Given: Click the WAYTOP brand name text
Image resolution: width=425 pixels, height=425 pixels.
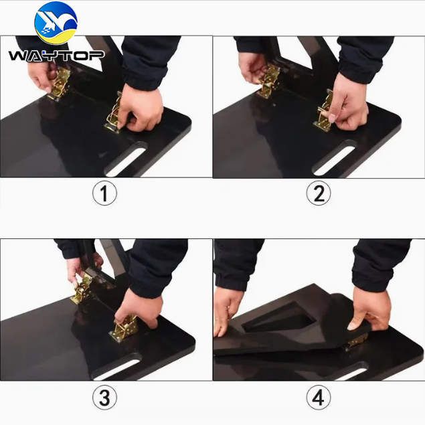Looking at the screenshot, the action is pyautogui.click(x=56, y=56).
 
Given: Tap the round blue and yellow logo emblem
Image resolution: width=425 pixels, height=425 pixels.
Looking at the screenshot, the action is pyautogui.click(x=56, y=23).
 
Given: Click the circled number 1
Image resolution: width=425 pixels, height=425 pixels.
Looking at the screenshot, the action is pyautogui.click(x=104, y=193).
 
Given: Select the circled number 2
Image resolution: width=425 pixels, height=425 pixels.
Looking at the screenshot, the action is pyautogui.click(x=319, y=193).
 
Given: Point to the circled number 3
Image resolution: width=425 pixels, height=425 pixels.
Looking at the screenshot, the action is pyautogui.click(x=104, y=398).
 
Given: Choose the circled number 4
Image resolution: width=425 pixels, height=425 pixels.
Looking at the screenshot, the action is pyautogui.click(x=319, y=398).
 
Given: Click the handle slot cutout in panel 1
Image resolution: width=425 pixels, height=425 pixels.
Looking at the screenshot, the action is pyautogui.click(x=126, y=159).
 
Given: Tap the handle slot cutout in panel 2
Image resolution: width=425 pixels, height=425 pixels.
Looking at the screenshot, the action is pyautogui.click(x=334, y=158).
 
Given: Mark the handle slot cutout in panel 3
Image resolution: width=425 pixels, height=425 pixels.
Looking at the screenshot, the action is pyautogui.click(x=116, y=369).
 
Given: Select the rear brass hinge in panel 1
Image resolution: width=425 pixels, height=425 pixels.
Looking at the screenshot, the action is pyautogui.click(x=59, y=84).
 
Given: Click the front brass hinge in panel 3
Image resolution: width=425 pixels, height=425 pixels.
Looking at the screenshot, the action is pyautogui.click(x=122, y=328).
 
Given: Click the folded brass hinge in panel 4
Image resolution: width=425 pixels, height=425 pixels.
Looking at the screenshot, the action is pyautogui.click(x=355, y=341).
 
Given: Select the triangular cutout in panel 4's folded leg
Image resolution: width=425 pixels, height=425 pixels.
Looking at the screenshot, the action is pyautogui.click(x=279, y=318).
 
